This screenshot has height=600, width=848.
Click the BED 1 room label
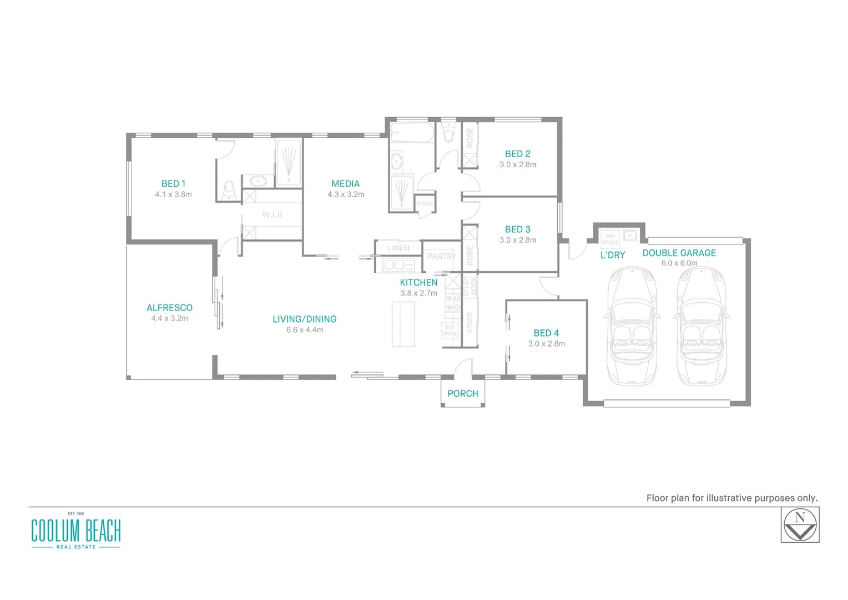(173, 183)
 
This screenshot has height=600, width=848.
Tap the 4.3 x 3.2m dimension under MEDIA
(346, 194)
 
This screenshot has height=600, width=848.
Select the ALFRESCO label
(169, 308)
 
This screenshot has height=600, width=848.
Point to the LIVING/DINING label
(304, 319)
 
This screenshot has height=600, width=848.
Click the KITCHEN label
(418, 283)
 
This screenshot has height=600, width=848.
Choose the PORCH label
(462, 394)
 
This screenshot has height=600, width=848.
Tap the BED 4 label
(546, 333)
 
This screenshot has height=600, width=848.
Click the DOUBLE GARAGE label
(679, 253)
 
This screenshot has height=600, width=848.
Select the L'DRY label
(613, 256)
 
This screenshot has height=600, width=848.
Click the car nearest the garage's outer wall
(701, 327)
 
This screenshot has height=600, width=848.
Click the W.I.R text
(272, 214)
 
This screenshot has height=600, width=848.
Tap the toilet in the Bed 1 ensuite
(229, 190)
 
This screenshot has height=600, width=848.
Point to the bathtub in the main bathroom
(411, 132)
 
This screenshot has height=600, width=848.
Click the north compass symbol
(800, 526)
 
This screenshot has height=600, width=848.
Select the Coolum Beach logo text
(76, 531)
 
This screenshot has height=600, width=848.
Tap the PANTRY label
(441, 256)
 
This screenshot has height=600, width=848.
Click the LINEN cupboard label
(398, 248)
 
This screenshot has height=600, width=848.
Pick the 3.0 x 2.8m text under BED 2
(518, 164)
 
